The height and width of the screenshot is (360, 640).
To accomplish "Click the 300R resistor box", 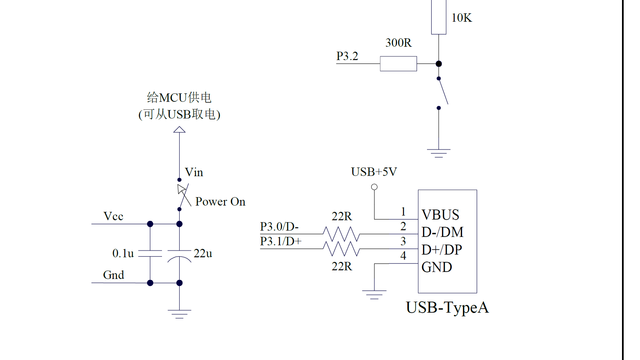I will (398, 64).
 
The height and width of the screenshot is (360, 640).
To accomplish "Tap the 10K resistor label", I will (461, 18).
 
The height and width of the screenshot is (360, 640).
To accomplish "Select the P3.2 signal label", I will (347, 56).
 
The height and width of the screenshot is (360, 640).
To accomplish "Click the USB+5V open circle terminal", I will (374, 187).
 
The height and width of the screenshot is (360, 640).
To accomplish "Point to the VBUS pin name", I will (440, 215).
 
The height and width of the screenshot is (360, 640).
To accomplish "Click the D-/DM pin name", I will (442, 232).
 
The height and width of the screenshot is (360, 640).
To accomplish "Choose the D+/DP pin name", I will (442, 250).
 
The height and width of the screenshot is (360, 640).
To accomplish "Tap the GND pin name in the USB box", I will (437, 267).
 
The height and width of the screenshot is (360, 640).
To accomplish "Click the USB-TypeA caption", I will (447, 307).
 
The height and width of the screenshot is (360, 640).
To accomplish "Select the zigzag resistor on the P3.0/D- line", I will (341, 234).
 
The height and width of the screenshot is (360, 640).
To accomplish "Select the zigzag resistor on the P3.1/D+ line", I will (341, 249).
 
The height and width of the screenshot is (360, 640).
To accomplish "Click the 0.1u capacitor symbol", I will (150, 253).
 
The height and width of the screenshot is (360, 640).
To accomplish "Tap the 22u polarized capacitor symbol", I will (179, 255).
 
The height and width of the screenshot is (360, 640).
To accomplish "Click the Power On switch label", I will (220, 202).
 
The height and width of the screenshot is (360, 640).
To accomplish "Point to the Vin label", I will (194, 172).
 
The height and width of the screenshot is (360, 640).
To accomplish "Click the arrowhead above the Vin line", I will (179, 130).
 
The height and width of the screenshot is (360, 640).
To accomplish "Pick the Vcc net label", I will (113, 216).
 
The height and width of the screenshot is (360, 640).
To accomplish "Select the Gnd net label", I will (113, 275).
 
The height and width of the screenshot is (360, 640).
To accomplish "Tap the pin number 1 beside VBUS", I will (403, 211).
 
